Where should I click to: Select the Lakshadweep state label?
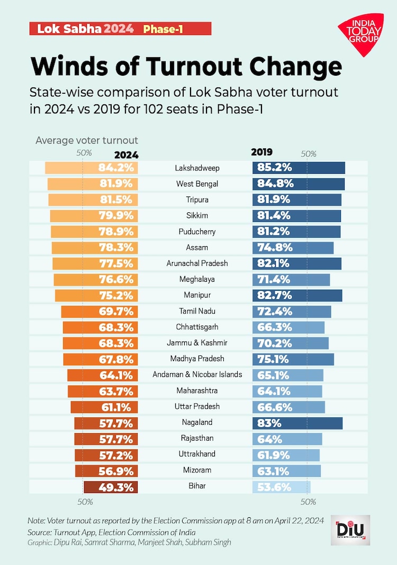coord(197,168)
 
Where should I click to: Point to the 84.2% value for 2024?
coord(118,168)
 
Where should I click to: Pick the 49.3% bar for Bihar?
coord(111,486)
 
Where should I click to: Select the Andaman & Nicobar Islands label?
coord(197,375)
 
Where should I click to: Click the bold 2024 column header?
coord(126,155)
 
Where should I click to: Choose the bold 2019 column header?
coord(261,153)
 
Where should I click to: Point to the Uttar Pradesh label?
coord(197,407)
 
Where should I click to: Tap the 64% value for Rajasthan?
coord(268,438)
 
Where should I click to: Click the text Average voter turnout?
coord(87,140)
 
